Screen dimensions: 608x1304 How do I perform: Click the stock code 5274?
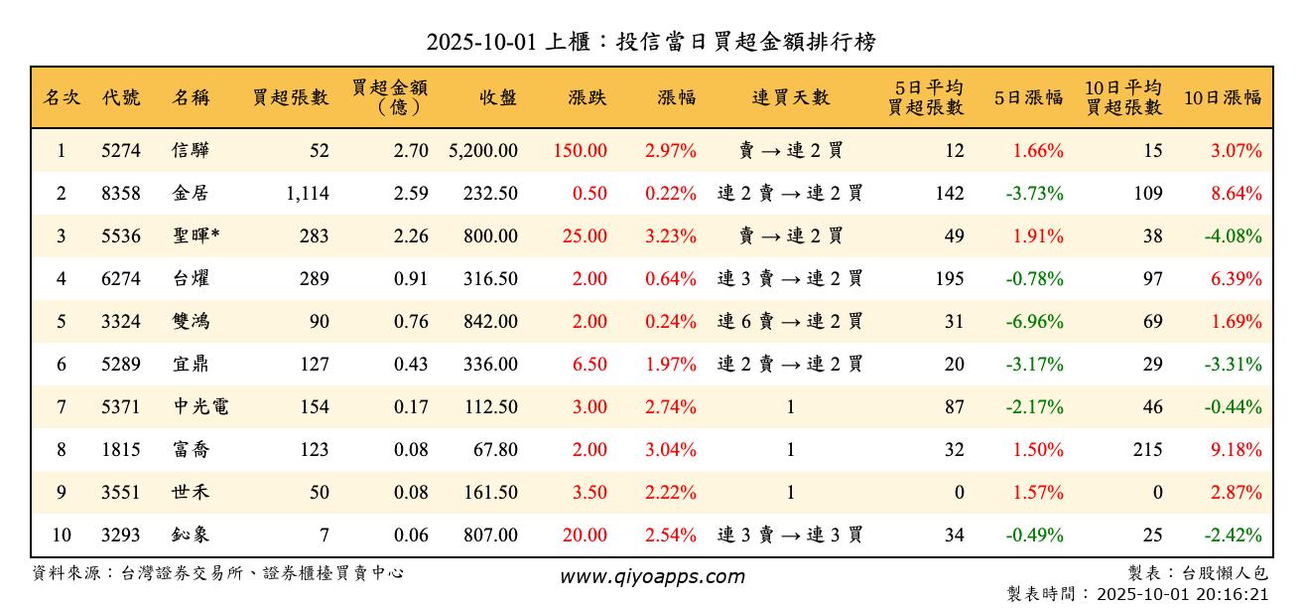pyautogui.click(x=121, y=151)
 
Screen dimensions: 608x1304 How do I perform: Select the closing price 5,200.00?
pyautogui.click(x=483, y=151)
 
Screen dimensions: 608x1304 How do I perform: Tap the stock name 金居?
pyautogui.click(x=190, y=194)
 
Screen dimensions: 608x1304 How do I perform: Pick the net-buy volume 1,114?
pyautogui.click(x=307, y=194)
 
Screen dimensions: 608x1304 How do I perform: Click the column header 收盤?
pyautogui.click(x=497, y=97)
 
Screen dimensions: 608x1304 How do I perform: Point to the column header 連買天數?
pyautogui.click(x=790, y=97)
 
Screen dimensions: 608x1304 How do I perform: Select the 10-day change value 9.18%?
pyautogui.click(x=1236, y=450)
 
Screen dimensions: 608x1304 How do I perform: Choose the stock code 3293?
pyautogui.click(x=121, y=535)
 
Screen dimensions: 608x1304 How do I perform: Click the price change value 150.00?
pyautogui.click(x=581, y=151)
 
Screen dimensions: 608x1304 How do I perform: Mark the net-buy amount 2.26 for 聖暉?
pyautogui.click(x=411, y=236)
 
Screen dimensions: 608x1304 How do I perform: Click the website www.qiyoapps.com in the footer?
pyautogui.click(x=651, y=576)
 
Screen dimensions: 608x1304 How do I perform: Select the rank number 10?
pyautogui.click(x=62, y=535)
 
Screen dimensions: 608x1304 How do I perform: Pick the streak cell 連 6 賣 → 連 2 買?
pyautogui.click(x=790, y=322)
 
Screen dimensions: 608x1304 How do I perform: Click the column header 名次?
pyautogui.click(x=62, y=97)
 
